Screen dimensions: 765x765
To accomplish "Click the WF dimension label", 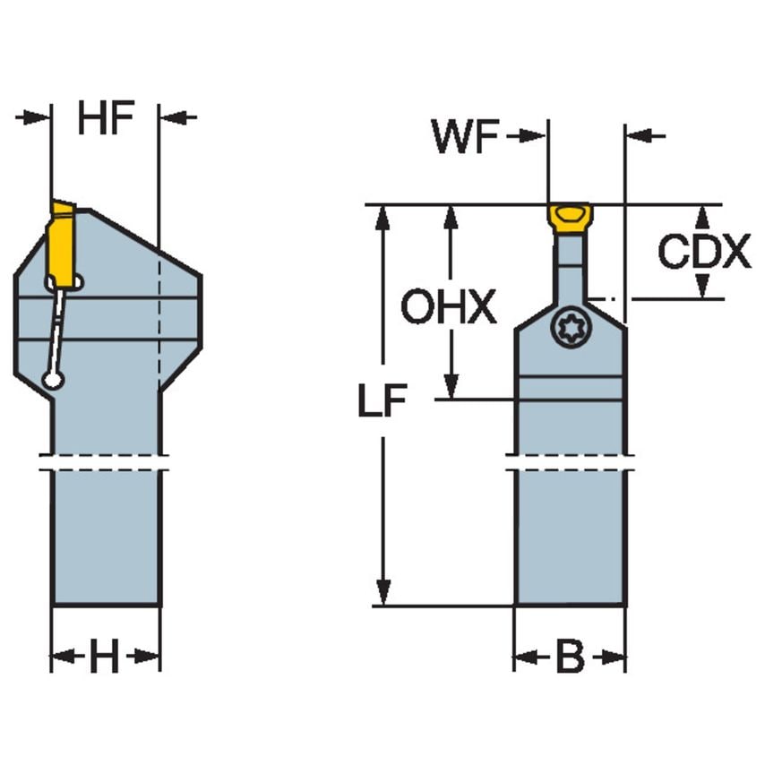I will click(x=464, y=137).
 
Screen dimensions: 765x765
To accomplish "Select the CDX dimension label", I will click(x=703, y=253).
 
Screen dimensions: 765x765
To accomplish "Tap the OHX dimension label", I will click(x=447, y=308).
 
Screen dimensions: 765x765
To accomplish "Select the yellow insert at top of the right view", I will click(x=569, y=218).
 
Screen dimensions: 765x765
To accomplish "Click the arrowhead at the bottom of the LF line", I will click(x=383, y=591).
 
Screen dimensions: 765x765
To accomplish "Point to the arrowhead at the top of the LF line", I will click(x=383, y=219).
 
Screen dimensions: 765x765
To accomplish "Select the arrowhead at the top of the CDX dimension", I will click(x=703, y=217).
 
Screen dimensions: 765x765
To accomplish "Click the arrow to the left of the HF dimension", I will click(x=33, y=117).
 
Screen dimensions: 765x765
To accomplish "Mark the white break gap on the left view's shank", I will click(x=105, y=463).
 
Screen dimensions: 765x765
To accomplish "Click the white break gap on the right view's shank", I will click(x=570, y=463).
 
